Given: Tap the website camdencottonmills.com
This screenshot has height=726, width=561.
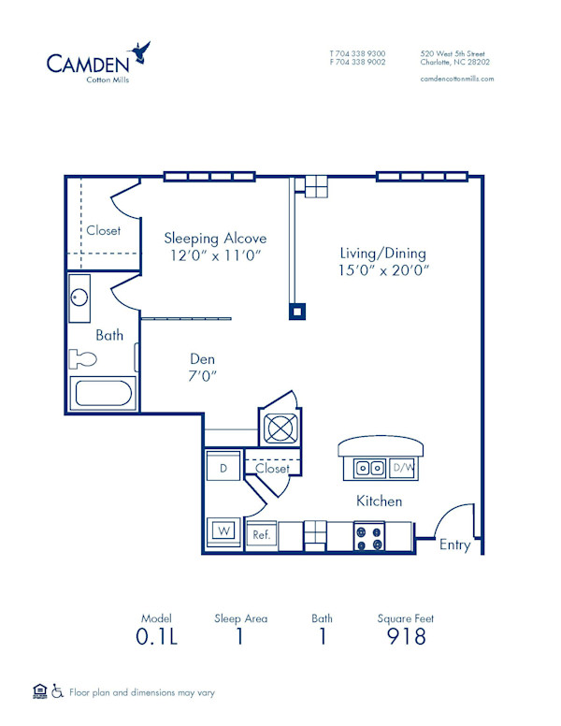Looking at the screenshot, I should point(457,79).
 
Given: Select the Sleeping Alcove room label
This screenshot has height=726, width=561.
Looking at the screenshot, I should point(215,238).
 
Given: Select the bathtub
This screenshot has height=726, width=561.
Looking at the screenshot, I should point(104,394).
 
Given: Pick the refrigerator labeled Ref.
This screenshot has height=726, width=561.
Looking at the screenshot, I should point(261,535).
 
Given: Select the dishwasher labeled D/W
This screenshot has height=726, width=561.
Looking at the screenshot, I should point(403,467).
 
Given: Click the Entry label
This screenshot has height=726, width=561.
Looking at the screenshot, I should point(455,545).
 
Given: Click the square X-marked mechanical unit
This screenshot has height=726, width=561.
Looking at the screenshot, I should point(280,428).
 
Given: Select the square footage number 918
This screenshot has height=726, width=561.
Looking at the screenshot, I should point(406,636).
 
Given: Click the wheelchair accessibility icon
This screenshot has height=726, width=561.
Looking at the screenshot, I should point(57,692).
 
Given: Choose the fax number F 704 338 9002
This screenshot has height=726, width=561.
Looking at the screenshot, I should point(357,62).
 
